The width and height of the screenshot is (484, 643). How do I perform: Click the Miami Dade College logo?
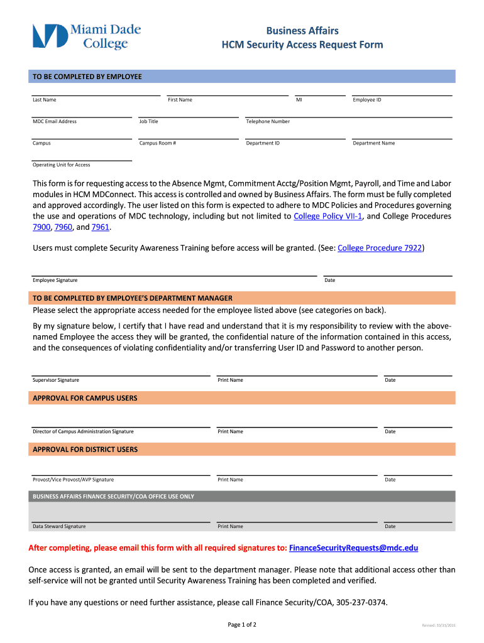click(87, 36)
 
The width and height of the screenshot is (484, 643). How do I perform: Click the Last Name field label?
click(44, 100)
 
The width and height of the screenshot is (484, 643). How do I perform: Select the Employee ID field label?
click(367, 100)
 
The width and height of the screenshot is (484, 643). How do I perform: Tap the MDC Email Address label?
click(55, 121)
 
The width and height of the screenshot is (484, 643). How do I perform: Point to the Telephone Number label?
click(268, 121)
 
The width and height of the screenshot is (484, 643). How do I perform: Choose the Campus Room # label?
click(158, 143)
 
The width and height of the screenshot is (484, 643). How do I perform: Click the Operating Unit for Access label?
click(62, 165)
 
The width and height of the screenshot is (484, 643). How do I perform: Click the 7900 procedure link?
click(41, 227)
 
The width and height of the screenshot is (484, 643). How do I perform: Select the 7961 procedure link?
click(101, 227)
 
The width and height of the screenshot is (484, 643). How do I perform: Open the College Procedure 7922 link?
click(380, 248)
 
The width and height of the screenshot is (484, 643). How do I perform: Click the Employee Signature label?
click(55, 280)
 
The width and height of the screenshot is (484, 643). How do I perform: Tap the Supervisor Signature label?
click(56, 380)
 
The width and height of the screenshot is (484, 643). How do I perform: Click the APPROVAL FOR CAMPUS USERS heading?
click(85, 398)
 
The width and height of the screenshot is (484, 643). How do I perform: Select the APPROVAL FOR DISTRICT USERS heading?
click(85, 450)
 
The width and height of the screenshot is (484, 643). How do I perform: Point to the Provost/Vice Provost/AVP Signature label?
click(74, 480)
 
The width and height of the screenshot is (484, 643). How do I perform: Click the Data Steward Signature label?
click(59, 526)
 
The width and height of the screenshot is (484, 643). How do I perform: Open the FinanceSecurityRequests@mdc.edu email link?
click(353, 548)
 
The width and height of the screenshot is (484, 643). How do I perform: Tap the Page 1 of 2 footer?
click(242, 625)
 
